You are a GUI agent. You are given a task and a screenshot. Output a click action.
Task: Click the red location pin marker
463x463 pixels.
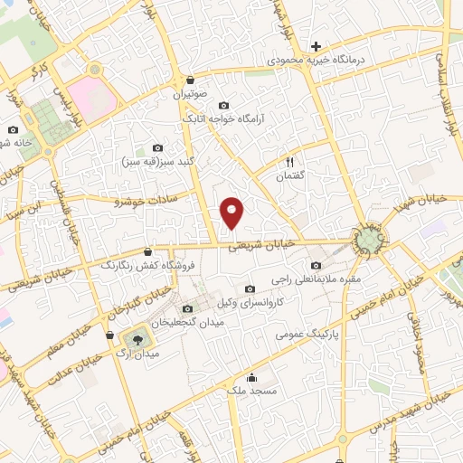coord(233,213)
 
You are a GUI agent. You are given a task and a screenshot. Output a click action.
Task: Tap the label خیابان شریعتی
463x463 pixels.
coord(262,244)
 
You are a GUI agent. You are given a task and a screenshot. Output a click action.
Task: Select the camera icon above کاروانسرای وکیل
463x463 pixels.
coord(250,288)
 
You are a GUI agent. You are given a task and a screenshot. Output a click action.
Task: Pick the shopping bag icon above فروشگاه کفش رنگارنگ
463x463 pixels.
coord(148,251)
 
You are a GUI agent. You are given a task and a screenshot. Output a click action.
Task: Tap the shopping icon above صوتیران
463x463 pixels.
coord(190,79)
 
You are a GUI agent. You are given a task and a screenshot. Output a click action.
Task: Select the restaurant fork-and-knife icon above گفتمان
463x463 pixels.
coord(289,161)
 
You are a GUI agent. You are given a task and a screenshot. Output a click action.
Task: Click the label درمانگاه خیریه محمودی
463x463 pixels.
coord(316,60)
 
